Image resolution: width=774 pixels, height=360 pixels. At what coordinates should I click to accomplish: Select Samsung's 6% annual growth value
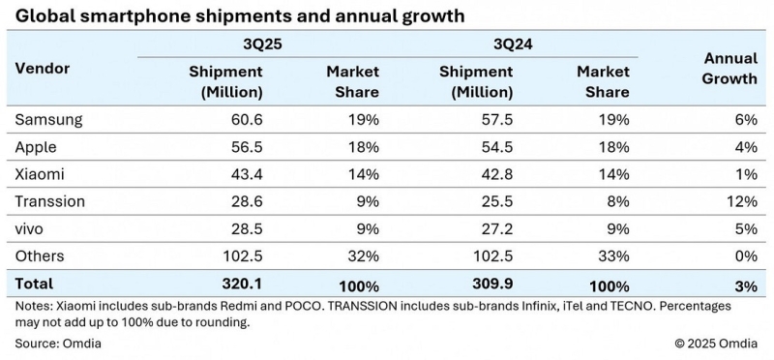(745, 120)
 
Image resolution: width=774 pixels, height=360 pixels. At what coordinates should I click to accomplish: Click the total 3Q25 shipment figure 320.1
(240, 285)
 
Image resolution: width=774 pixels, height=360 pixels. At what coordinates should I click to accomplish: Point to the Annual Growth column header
(726, 69)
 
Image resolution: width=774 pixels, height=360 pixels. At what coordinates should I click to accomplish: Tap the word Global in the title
(43, 15)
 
